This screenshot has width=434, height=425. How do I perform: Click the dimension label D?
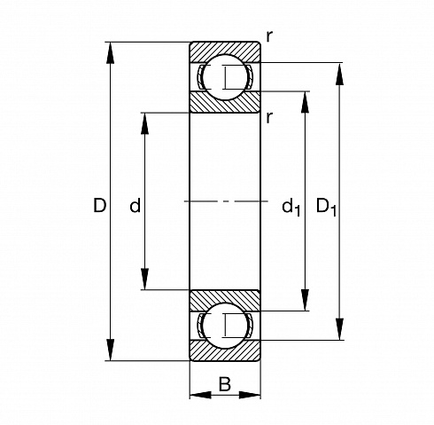[x=100, y=205]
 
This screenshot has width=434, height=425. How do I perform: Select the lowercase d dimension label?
[x=136, y=205]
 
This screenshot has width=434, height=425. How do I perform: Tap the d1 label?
[x=291, y=207]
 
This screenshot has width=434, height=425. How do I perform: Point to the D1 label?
[x=326, y=207]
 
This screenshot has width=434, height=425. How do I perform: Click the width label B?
[x=225, y=384]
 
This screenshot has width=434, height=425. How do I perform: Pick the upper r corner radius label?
[x=269, y=37]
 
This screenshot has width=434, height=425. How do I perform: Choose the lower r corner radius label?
[x=269, y=118]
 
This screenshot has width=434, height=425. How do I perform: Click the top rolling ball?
[x=225, y=77]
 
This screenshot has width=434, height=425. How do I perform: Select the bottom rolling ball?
[x=225, y=326]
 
